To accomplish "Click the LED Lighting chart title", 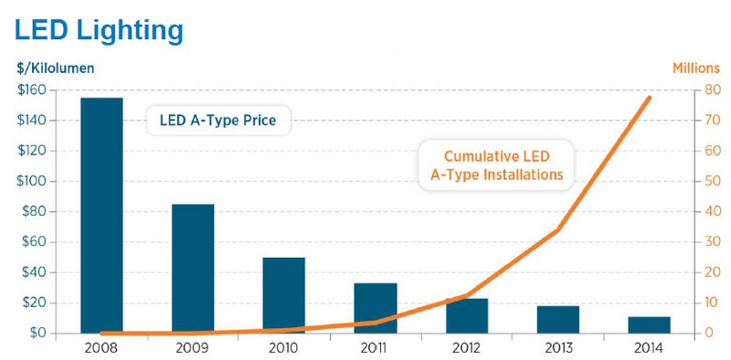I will tap(99, 29).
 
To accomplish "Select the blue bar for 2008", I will tap(101, 215).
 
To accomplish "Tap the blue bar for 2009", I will tap(192, 269).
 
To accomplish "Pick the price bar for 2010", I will tap(283, 295).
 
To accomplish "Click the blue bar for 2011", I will tap(375, 308).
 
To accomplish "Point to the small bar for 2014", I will tap(649, 325).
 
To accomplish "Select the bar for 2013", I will tap(557, 320).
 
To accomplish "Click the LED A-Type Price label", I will tap(217, 120).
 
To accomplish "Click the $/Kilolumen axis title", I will tap(55, 68).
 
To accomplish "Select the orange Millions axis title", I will tap(697, 68).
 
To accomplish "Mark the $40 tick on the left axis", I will tap(35, 272).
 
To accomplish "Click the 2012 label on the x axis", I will tap(466, 348).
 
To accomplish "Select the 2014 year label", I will tap(649, 348).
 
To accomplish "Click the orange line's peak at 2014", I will tap(650, 98).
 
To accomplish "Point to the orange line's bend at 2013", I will tap(557, 230).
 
